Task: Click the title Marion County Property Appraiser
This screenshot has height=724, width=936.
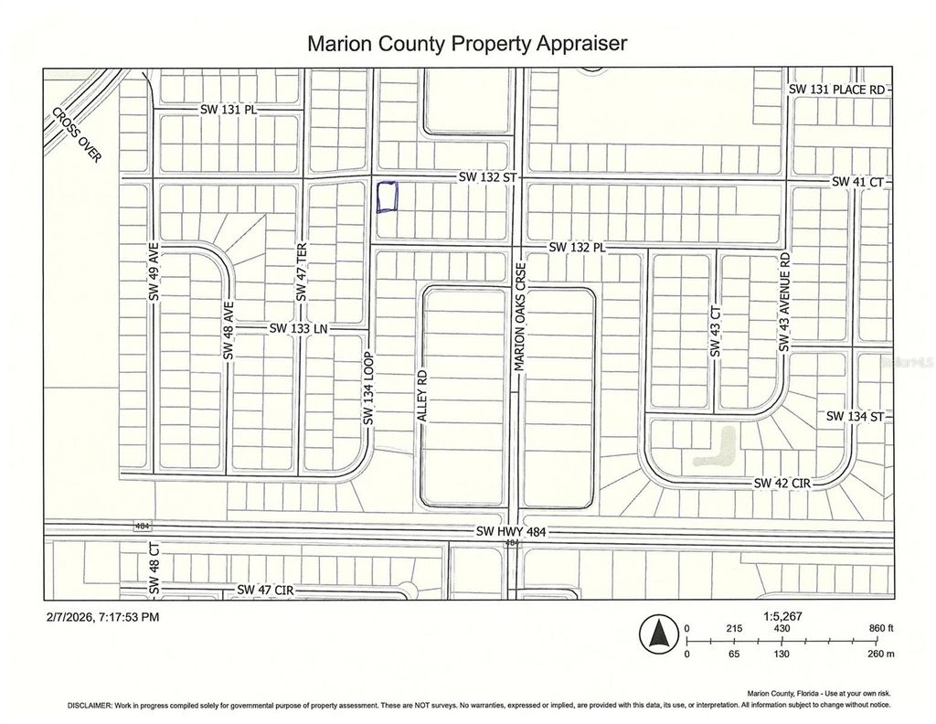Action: pyautogui.click(x=467, y=43)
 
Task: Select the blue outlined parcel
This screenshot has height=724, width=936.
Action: pyautogui.click(x=388, y=197)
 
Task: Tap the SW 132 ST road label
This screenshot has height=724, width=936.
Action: pyautogui.click(x=487, y=178)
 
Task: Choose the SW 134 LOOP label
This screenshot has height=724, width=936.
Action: pyautogui.click(x=369, y=388)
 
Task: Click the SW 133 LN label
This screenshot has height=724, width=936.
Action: pyautogui.click(x=298, y=327)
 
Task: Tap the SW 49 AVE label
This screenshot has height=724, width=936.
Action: pyautogui.click(x=154, y=271)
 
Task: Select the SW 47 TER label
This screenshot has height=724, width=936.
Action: pyautogui.click(x=300, y=272)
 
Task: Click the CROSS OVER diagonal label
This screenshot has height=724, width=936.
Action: pyautogui.click(x=77, y=134)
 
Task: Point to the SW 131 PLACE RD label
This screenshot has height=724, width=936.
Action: pyautogui.click(x=837, y=90)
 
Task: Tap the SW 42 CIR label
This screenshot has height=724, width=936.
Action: pyautogui.click(x=782, y=482)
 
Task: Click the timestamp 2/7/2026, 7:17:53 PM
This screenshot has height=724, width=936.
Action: pyautogui.click(x=101, y=616)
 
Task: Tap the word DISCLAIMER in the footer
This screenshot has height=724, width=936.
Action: pyautogui.click(x=89, y=706)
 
